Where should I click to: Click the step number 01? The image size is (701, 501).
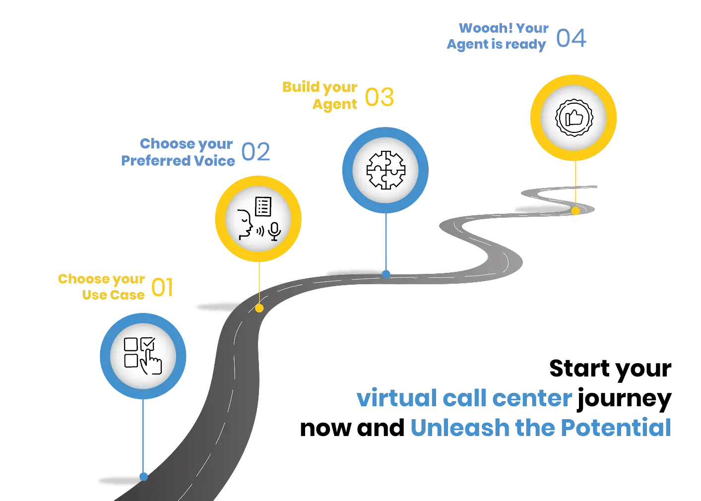coord(163,288)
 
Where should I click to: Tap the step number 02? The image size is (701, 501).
coord(256,152)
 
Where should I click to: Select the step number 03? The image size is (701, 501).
coord(380,97)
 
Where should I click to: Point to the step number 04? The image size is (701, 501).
coord(571,38)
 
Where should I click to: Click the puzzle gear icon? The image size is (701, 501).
coord(385,170)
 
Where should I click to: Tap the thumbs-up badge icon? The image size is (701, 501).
coord(574,118)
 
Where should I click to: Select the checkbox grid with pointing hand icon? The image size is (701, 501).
coord(143,355)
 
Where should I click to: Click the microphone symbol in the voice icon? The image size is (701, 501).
coord(274,231)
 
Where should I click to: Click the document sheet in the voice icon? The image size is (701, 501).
coord(263,206)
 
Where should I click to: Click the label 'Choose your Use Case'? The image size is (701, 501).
coord(102,287)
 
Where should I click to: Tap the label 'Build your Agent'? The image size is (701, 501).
coord(320,95)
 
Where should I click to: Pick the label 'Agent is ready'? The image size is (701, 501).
coord(496,45)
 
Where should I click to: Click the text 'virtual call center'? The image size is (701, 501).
coord(465,399)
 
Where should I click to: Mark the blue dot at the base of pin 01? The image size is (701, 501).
coord(144,477)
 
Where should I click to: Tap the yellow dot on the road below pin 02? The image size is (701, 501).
coord(259,308)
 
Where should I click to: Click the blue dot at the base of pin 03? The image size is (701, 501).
coord(386,273)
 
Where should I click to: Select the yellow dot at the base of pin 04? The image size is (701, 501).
coord(575,211)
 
